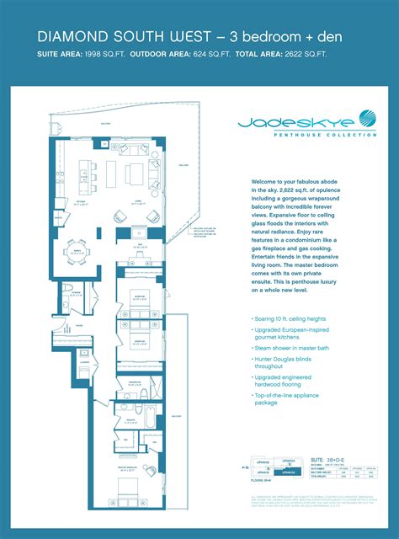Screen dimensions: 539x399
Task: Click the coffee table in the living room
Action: click(x=136, y=174)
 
